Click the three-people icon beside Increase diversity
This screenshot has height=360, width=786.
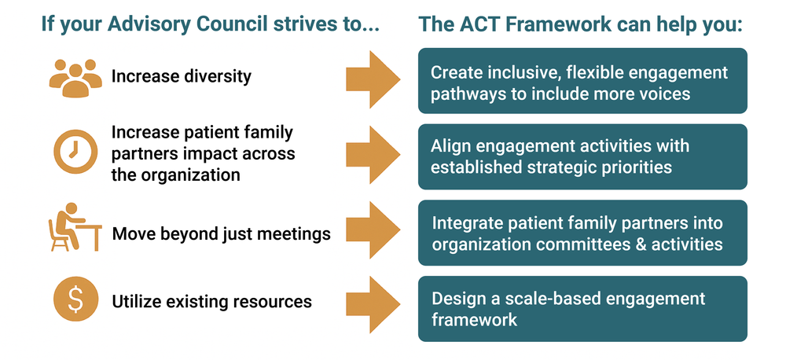coord(77,76)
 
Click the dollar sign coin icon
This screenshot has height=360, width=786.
coord(76,301)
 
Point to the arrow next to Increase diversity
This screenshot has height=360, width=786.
coord(373,79)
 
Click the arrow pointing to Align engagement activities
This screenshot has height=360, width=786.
coord(373,156)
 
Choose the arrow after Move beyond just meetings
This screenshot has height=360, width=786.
coord(373,231)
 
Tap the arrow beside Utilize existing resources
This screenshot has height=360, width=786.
coord(373,307)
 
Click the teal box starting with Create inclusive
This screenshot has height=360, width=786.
coord(582,80)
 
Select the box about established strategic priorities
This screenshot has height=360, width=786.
coord(582,156)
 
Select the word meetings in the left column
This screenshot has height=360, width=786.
coord(296,233)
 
